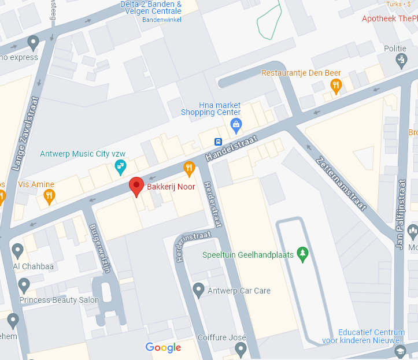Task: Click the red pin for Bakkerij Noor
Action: [136, 186]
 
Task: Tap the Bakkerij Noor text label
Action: [171, 187]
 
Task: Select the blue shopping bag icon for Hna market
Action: [236, 124]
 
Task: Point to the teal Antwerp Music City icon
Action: [120, 168]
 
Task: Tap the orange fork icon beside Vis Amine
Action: [49, 197]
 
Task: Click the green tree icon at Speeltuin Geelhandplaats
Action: [301, 254]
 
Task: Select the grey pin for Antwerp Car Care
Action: [199, 290]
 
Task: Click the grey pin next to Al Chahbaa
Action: [17, 251]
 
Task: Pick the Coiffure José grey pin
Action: [241, 349]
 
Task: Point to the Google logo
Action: [163, 347]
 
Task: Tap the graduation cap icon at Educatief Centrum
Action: [400, 351]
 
